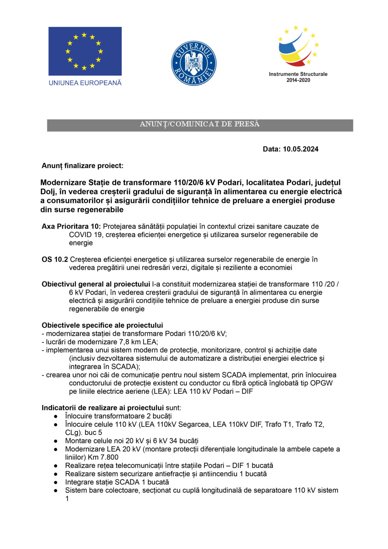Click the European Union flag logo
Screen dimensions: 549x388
[x=85, y=51]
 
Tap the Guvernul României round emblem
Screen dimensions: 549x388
[x=193, y=63]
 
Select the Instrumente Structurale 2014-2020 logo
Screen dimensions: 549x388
[x=298, y=54]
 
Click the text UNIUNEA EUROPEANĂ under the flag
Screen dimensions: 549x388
[x=85, y=83]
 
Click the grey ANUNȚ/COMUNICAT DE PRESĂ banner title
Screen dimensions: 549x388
[x=200, y=124]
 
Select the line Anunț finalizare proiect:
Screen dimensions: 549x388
[x=82, y=166]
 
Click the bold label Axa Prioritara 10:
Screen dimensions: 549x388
[x=71, y=227]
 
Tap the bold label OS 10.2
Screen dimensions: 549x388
[x=55, y=259]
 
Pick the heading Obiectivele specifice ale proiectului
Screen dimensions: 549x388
[x=102, y=325]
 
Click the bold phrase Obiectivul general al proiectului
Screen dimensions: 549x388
[x=96, y=284]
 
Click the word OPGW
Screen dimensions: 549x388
[x=321, y=383]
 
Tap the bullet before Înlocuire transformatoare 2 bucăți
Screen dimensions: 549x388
[x=56, y=416]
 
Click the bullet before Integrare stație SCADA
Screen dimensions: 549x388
[x=56, y=482]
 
